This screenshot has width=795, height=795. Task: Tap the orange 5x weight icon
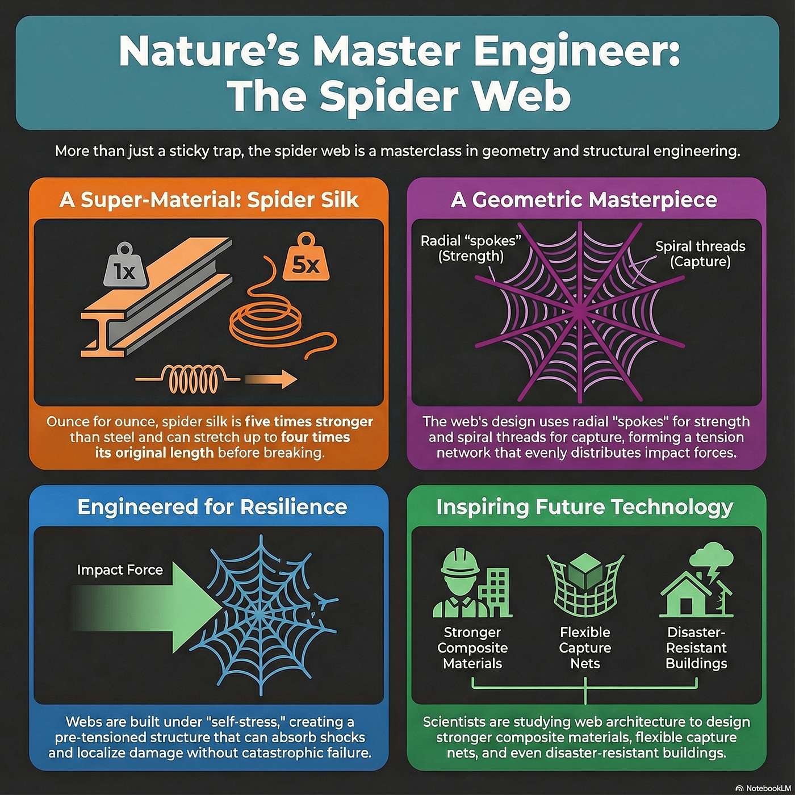(x=306, y=257)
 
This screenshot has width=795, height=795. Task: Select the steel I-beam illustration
(x=156, y=297)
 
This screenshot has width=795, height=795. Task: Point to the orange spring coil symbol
(x=188, y=379)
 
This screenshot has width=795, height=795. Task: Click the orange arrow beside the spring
(x=271, y=379)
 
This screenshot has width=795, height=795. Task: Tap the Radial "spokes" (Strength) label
(x=471, y=248)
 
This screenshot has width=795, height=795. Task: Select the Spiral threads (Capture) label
(x=700, y=254)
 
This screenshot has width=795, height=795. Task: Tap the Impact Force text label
(x=120, y=570)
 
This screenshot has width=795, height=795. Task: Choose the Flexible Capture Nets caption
(x=585, y=648)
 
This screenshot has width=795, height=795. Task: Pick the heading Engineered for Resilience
(x=212, y=507)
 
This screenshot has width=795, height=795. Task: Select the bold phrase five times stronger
(x=309, y=422)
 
